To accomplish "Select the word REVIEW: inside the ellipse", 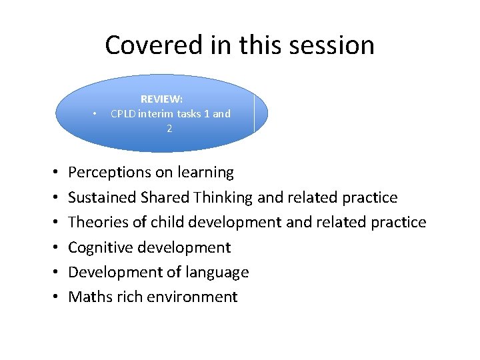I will pos(161,99).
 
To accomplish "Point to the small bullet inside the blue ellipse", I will pos(97,114).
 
